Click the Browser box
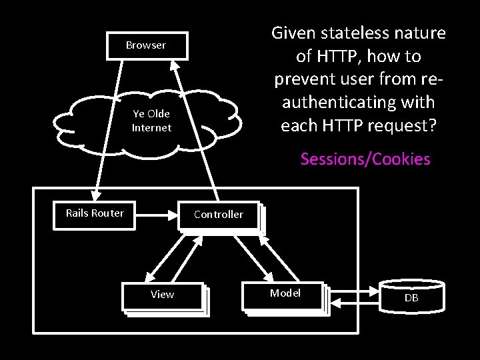tap(146, 45)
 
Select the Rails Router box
tap(95, 213)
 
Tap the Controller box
tap(219, 215)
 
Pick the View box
tap(162, 295)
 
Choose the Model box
tap(285, 293)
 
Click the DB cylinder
tap(411, 297)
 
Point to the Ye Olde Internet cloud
tap(151, 121)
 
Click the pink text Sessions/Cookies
tap(365, 159)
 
